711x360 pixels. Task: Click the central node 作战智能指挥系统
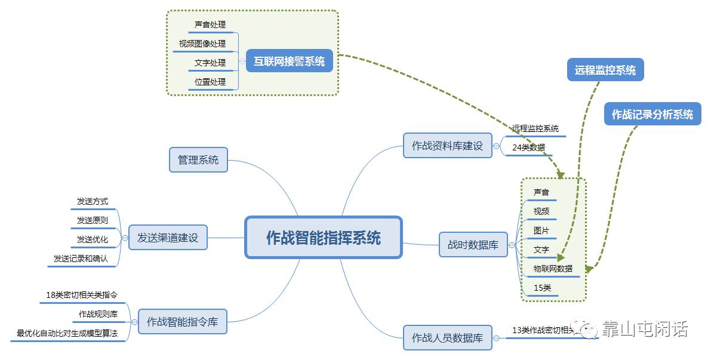324,237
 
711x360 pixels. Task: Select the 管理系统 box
198,159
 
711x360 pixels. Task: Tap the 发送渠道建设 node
168,237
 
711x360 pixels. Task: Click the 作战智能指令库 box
182,322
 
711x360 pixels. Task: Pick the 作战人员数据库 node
448,337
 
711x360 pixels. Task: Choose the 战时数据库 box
473,245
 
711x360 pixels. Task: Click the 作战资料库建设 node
448,145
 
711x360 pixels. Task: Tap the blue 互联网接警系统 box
290,61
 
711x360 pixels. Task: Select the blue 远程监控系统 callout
605,70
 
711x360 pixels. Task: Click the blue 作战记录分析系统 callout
652,114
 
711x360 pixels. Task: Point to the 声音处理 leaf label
210,25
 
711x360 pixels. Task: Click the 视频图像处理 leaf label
202,44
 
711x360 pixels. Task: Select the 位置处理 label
210,82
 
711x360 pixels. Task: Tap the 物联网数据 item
553,269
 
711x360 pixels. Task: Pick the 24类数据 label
528,147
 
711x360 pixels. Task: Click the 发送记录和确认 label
81,259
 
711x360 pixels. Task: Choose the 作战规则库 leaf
98,313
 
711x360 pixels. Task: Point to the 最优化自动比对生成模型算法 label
67,333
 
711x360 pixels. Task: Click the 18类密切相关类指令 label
82,294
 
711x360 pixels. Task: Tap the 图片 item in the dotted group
541,230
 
